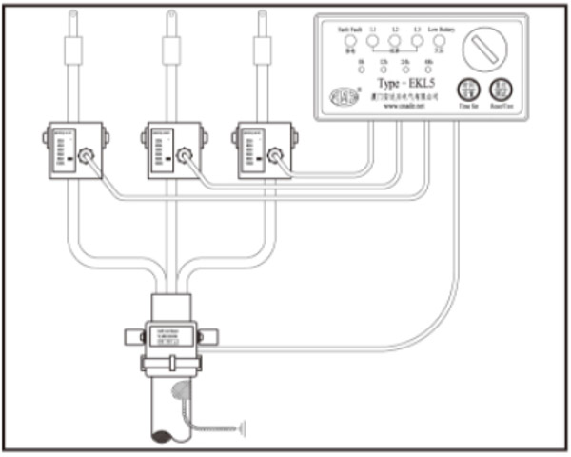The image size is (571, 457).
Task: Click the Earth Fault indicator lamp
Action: pos(349,42)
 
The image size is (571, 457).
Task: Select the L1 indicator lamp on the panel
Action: pos(373,42)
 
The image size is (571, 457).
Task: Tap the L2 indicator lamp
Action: pos(394,42)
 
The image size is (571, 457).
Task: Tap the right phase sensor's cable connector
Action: pos(275,154)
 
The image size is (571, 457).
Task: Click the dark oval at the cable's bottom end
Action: pos(161,437)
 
